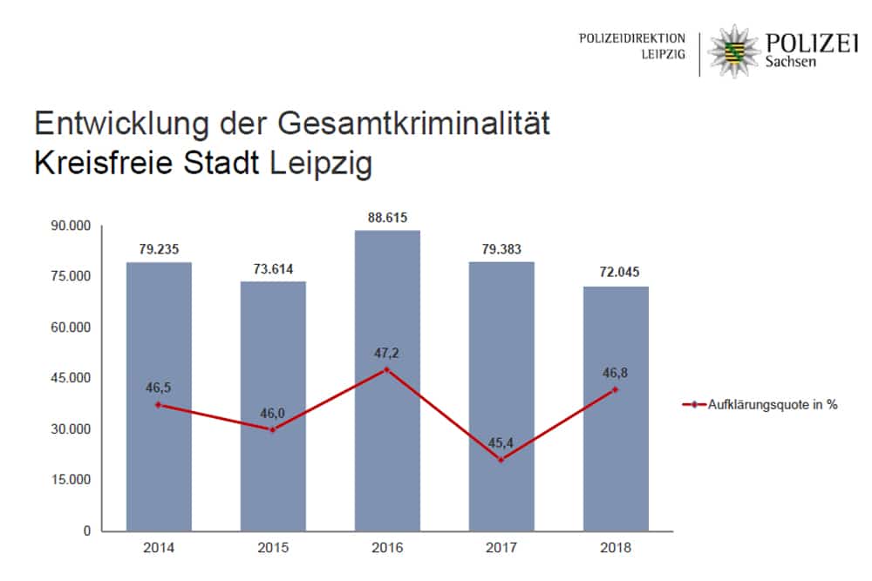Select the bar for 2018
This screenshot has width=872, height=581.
coord(616,409)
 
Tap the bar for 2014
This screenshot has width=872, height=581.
coord(159,396)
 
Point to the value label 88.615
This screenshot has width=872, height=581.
coord(387,217)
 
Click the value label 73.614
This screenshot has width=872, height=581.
coord(273,268)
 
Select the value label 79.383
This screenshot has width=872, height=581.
coord(501,249)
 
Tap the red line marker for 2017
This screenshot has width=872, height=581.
coord(501,460)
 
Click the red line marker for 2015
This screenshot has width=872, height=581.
coord(273,429)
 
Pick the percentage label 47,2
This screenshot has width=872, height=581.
coord(387,353)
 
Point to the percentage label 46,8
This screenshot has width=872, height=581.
coord(616,370)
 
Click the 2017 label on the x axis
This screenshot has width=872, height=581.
coord(501,549)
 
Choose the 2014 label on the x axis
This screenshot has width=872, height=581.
coord(159,549)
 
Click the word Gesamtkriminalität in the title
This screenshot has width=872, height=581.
coord(414,125)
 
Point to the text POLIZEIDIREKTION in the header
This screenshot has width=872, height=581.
coord(632,38)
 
